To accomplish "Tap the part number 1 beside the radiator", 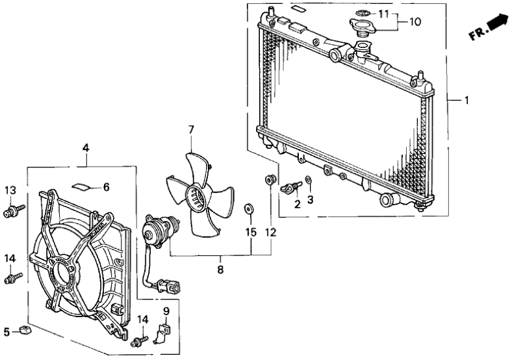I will [x=465, y=101].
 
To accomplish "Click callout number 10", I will [x=414, y=21].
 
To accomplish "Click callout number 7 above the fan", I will [x=191, y=130].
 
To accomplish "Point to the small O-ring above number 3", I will [x=309, y=181].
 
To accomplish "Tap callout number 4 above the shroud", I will [x=86, y=148].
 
